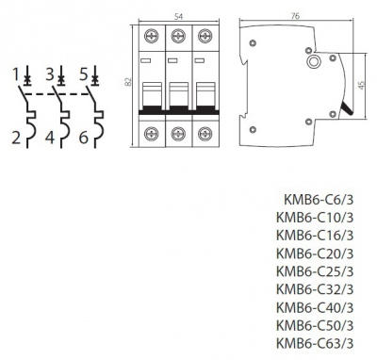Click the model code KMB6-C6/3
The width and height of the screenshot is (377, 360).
click(319, 199)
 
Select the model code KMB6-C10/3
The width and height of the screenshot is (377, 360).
click(315, 217)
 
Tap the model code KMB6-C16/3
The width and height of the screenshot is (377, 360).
click(315, 235)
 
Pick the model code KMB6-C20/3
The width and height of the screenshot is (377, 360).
click(315, 253)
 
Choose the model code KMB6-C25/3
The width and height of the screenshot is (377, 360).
click(315, 270)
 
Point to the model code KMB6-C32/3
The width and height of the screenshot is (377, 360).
click(315, 288)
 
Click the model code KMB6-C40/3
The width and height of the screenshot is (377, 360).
click(315, 306)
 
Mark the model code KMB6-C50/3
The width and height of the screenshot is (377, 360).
click(315, 324)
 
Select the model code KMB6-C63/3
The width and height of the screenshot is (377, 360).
click(315, 342)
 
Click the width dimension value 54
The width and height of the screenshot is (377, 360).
click(176, 16)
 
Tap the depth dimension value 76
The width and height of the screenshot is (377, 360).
click(295, 15)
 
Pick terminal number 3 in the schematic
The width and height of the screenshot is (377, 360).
click(49, 72)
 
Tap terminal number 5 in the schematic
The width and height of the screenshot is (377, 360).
click(83, 72)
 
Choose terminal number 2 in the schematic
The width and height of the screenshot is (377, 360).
click(16, 139)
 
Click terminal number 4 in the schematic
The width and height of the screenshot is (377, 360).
click(49, 139)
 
